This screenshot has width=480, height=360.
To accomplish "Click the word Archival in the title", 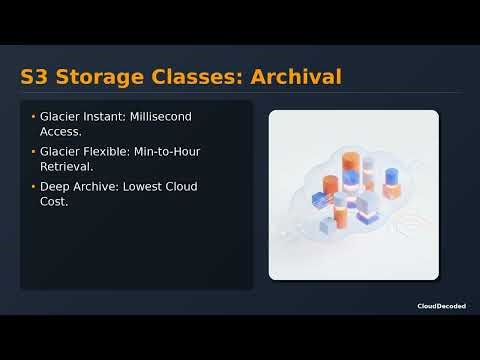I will (x=295, y=76).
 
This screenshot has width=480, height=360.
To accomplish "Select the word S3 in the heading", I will (x=36, y=76).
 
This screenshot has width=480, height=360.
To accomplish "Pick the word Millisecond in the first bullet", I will (x=158, y=117).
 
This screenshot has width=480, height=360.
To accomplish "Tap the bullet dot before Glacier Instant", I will (x=33, y=117).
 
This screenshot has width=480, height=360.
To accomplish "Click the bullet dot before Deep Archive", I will (x=33, y=187).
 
